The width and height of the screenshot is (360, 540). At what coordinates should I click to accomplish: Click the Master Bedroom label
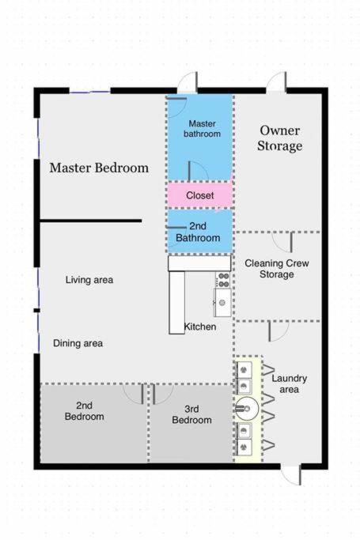click(x=99, y=168)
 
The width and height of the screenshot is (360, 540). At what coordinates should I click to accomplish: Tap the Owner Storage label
click(x=279, y=138)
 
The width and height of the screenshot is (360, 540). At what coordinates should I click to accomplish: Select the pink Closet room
click(x=199, y=195)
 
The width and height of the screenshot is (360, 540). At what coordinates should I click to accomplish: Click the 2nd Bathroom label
click(x=198, y=232)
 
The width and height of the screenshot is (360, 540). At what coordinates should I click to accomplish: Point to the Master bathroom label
click(x=203, y=128)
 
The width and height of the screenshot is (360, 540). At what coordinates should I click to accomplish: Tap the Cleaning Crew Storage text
click(x=277, y=269)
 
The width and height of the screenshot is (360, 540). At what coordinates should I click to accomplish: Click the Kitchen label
click(x=200, y=327)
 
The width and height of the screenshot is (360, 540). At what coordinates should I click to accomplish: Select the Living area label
click(x=89, y=280)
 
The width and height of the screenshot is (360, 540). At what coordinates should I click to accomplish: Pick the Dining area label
click(x=78, y=343)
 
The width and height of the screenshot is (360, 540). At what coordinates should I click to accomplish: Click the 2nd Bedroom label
click(x=85, y=411)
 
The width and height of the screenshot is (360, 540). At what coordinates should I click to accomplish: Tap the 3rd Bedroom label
click(x=192, y=414)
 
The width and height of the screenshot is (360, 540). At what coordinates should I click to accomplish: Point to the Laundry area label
click(x=289, y=383)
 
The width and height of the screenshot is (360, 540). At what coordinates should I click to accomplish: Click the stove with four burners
click(x=223, y=280)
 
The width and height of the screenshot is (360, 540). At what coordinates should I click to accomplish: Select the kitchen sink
click(x=222, y=302)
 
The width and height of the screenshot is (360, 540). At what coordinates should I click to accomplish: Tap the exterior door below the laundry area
click(x=291, y=474)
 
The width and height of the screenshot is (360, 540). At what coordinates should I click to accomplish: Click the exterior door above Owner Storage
click(x=276, y=82)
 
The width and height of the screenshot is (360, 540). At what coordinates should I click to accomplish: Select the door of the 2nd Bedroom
click(x=134, y=394)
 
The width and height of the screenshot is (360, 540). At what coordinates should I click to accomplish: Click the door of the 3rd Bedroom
click(x=163, y=394)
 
